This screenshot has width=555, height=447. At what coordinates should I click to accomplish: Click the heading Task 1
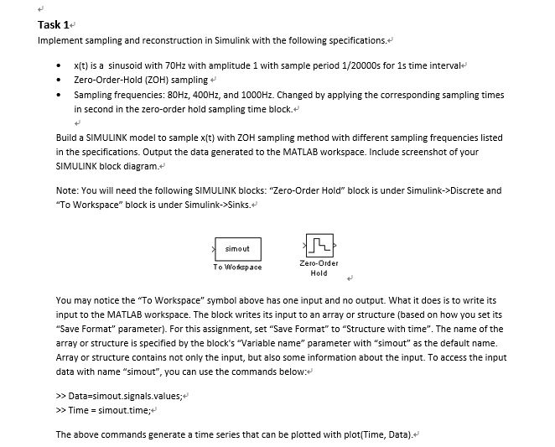[x=52, y=24]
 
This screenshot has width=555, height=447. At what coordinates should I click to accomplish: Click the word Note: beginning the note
[x=66, y=190]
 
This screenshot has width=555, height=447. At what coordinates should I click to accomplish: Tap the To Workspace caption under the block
[x=238, y=268]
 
